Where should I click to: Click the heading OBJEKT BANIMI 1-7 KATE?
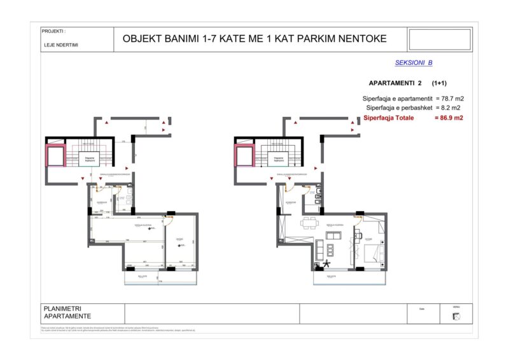(x=254, y=39)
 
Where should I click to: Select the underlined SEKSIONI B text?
(x=414, y=63)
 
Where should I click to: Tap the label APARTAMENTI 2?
(x=395, y=83)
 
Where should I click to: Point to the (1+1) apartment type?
(x=438, y=83)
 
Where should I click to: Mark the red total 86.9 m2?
(x=449, y=118)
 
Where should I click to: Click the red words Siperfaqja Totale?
(x=389, y=118)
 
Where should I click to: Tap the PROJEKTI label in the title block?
(x=53, y=31)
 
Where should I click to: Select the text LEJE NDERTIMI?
(x=58, y=45)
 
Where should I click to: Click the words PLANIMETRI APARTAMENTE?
(x=67, y=312)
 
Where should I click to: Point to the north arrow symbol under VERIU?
(x=456, y=317)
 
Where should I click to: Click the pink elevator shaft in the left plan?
(x=55, y=156)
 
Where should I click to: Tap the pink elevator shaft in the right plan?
(x=245, y=156)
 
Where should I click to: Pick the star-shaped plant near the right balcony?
(x=328, y=264)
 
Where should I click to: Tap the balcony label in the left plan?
(x=143, y=276)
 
